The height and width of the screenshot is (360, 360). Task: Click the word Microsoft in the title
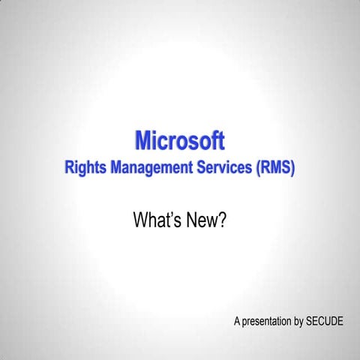click(179, 140)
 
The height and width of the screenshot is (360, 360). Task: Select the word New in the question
click(204, 220)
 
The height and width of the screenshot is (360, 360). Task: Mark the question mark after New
click(222, 220)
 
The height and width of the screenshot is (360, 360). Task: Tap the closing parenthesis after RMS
click(292, 168)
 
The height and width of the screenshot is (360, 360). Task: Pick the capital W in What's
click(141, 220)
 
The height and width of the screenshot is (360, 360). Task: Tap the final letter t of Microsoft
click(220, 141)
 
